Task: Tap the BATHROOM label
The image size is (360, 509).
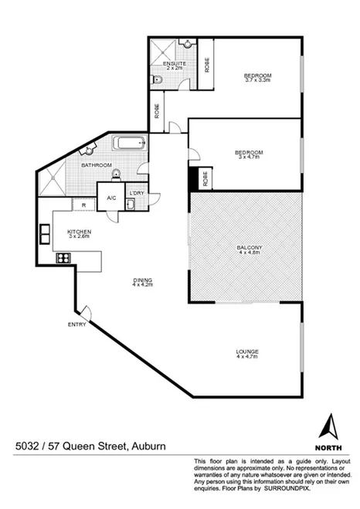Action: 97,165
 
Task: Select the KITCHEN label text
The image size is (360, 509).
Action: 80,232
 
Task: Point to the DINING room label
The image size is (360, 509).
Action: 142,280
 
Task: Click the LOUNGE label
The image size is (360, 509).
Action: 247,352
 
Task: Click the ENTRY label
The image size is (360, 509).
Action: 76,323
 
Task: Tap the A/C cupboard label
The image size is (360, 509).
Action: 111,198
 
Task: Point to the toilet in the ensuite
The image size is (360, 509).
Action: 158,80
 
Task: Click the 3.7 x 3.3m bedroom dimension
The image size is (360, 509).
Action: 258,80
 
